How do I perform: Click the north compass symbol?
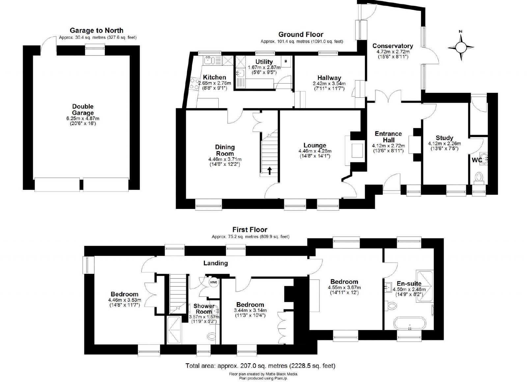(461, 48)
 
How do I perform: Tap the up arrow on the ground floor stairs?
(269, 171)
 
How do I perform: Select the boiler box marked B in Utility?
(286, 62)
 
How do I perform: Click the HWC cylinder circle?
(214, 282)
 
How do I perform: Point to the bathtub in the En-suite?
(410, 324)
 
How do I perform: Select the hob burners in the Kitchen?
(194, 84)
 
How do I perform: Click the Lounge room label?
(315, 145)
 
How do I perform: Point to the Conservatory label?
(393, 46)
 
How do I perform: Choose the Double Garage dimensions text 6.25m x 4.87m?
(83, 119)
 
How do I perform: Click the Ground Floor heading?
(301, 35)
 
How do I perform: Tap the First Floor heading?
(250, 230)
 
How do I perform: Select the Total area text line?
(261, 366)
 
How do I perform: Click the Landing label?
(215, 263)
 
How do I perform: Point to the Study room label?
(444, 138)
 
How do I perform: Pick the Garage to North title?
(97, 30)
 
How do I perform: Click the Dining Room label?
(225, 150)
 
